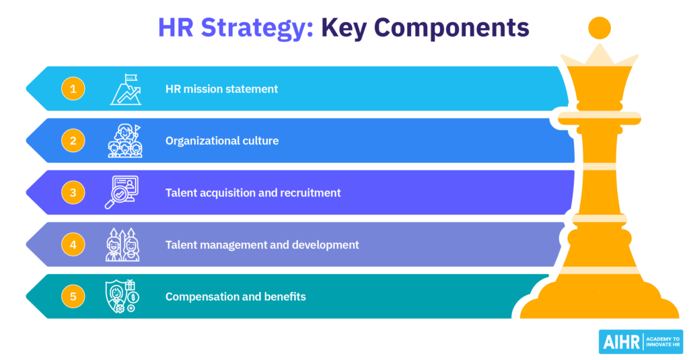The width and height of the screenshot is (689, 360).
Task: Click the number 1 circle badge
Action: pos(73,89)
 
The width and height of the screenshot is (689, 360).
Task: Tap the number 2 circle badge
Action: pos(73,141)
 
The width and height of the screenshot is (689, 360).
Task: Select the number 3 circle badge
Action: pos(73,192)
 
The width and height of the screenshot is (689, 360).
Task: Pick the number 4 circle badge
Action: pos(73,245)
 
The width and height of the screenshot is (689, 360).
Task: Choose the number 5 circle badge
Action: pos(73,297)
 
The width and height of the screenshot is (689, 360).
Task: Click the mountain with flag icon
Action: pos(126,89)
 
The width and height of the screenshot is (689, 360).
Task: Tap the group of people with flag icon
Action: pos(124,141)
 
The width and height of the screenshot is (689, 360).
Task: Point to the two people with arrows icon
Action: pos(122,245)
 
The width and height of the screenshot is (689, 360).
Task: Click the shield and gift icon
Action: pos(121,297)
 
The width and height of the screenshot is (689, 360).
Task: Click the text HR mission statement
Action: pos(221,89)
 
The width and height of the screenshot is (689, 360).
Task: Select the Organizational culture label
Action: pos(221,141)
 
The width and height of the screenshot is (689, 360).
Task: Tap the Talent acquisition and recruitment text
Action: pos(253,192)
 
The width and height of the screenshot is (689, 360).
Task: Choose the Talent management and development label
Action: pos(262,245)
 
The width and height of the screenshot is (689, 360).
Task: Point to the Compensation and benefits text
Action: pos(235,297)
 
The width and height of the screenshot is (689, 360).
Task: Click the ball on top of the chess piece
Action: pos(599,28)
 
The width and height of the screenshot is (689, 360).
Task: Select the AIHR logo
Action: pos(640,342)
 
